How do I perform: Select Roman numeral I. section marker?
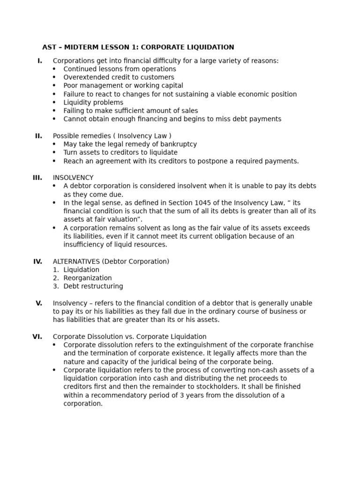pyautogui.click(x=40, y=60)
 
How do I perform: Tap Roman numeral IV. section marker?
pyautogui.click(x=37, y=262)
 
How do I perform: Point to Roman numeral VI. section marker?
pyautogui.click(x=37, y=337)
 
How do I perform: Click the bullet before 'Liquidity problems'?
pyautogui.click(x=54, y=103)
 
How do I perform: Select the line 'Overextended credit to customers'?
pyautogui.click(x=119, y=77)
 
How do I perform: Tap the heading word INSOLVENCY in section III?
pyautogui.click(x=73, y=178)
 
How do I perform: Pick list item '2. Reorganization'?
pyautogui.click(x=82, y=278)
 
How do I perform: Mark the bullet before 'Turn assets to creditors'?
pyautogui.click(x=54, y=153)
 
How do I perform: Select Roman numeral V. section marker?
pyautogui.click(x=39, y=303)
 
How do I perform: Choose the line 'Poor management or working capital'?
pyautogui.click(x=123, y=86)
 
